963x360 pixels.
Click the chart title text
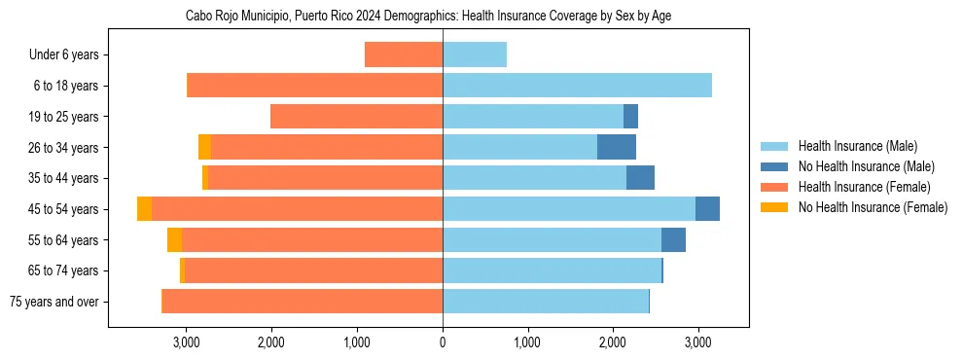pos(428,17)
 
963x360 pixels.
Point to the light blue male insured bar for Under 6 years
pos(475,54)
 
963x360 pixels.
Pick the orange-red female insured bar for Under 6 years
pos(404,54)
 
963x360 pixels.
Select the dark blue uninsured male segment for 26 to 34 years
pos(617,147)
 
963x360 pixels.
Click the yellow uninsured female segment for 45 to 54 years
pos(144,209)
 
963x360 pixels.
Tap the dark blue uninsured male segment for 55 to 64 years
pos(673,239)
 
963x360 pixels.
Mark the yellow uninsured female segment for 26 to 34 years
pos(204,147)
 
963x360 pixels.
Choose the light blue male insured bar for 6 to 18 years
pos(577,86)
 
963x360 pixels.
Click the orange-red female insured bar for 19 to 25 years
pos(356,117)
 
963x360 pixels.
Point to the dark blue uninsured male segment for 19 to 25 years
pos(630,117)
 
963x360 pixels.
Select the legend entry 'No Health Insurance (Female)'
pos(873,207)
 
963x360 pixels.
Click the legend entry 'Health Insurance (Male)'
pos(858,146)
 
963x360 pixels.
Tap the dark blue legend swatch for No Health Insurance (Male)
pos(774,166)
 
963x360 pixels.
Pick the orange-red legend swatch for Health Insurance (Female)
pos(774,187)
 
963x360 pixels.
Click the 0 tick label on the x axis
pos(443,342)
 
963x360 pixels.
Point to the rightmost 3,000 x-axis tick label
pos(696,342)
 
